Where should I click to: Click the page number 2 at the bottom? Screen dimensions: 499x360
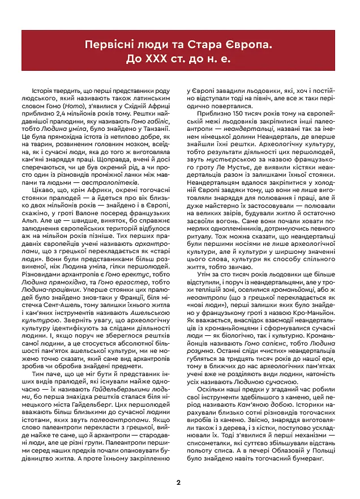click(x=180, y=483)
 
